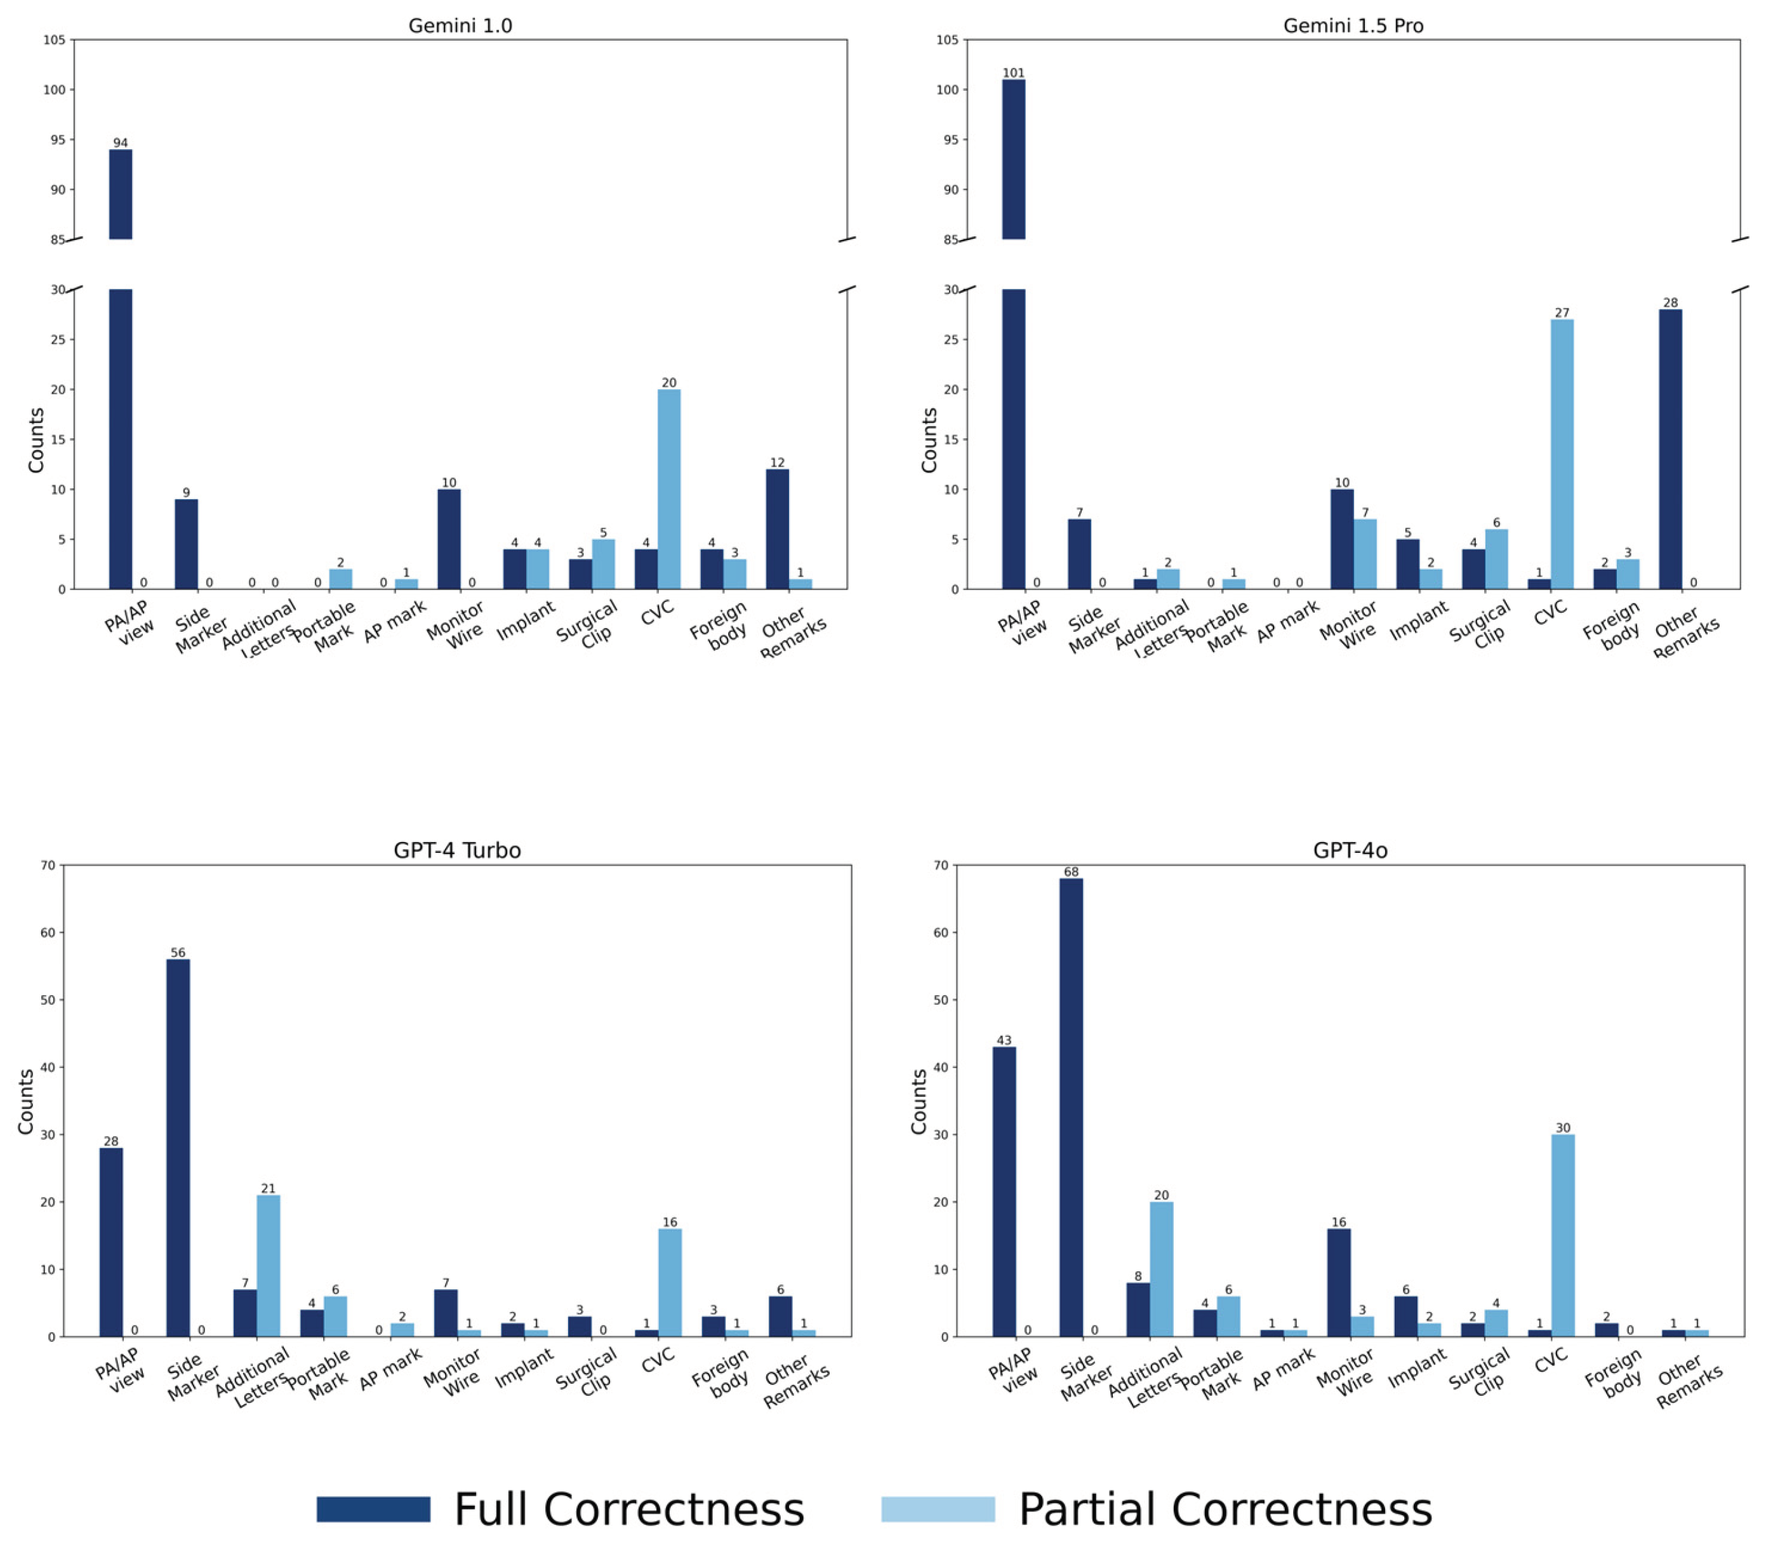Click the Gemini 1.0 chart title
click(460, 26)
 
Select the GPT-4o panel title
click(1350, 850)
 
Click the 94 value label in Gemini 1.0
click(120, 143)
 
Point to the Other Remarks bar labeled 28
click(1670, 450)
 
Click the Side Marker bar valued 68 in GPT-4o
click(1070, 1106)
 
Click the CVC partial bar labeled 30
click(1562, 1235)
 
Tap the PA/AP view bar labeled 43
click(1004, 1192)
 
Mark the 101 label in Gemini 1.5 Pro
click(1014, 72)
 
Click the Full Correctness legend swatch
click(373, 1509)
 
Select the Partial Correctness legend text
click(1225, 1509)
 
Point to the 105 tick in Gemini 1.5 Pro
click(947, 40)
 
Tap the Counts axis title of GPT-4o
click(919, 1101)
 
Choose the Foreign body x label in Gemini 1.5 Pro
click(1612, 624)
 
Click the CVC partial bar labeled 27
click(1561, 453)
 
